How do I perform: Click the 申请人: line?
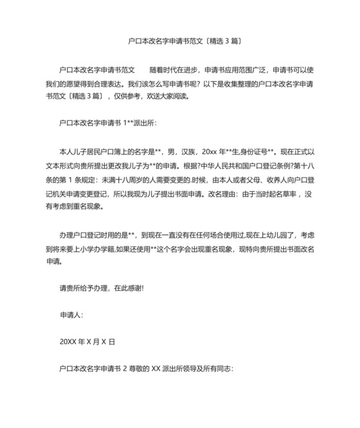(71, 315)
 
